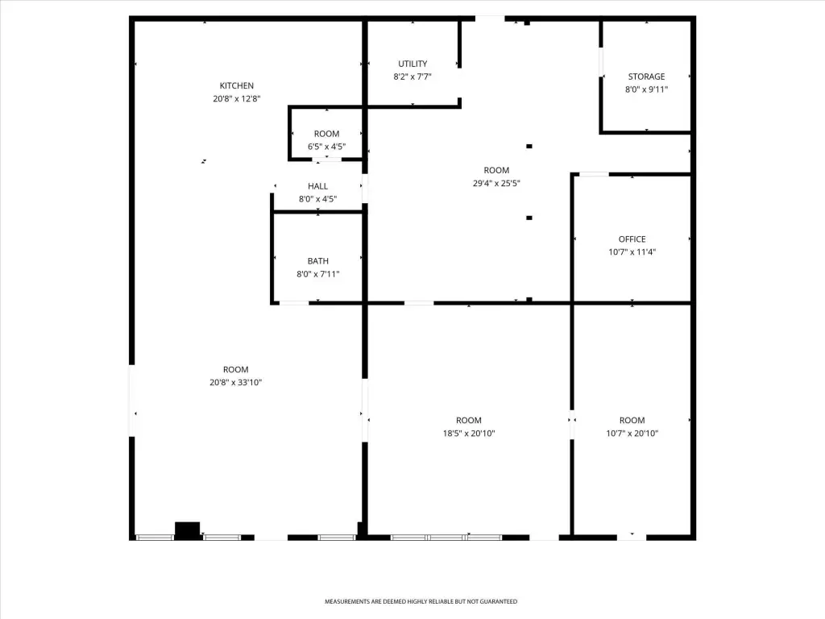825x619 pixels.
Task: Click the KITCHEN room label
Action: (x=236, y=85)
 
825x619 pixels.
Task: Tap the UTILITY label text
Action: (x=412, y=64)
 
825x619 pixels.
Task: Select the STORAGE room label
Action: (x=646, y=77)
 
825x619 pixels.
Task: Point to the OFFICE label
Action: (x=632, y=239)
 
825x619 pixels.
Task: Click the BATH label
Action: (x=317, y=261)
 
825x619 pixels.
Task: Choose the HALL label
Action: (x=317, y=186)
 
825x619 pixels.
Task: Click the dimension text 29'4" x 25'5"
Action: (x=496, y=183)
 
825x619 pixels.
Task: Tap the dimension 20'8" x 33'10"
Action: (x=235, y=383)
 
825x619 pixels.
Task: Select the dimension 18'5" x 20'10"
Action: (x=469, y=433)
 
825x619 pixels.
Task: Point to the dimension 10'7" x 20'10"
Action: (x=632, y=433)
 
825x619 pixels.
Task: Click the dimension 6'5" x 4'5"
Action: (x=327, y=147)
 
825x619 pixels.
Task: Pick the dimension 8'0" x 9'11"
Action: (x=646, y=89)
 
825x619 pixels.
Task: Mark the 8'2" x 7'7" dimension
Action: (x=412, y=77)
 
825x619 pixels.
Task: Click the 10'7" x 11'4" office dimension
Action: (x=632, y=252)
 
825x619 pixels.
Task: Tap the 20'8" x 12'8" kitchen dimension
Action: (x=236, y=99)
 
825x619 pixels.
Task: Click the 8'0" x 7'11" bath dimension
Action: (x=317, y=274)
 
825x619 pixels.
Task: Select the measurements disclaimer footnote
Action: (x=421, y=601)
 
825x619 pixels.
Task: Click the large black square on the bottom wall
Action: (x=187, y=530)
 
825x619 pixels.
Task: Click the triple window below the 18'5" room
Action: (x=446, y=538)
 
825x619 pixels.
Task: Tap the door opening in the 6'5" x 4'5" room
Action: (x=327, y=159)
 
